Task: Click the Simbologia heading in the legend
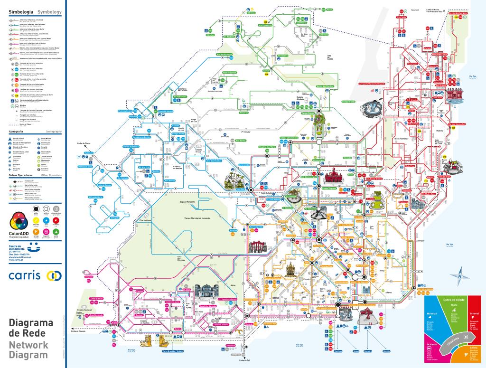19,10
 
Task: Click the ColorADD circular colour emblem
19,220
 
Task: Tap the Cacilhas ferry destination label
338,351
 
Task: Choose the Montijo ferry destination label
390,351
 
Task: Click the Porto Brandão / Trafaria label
173,351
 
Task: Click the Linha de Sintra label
83,143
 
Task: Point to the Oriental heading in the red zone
474,314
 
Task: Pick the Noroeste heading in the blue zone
432,314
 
